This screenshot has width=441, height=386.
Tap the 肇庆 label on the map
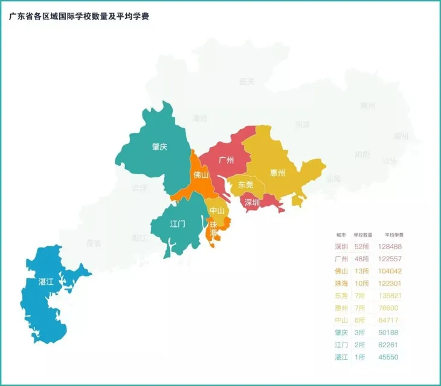pos(159,146)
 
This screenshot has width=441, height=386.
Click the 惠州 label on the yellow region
pos(278,173)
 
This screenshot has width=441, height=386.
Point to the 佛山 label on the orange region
pos(201,175)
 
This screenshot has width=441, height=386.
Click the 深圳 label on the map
pos(253,203)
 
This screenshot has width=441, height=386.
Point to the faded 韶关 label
pos(246,81)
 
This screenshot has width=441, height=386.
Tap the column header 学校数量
pos(363,234)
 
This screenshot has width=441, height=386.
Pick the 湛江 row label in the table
pos(341,357)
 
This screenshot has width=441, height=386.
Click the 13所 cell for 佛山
pos(361,271)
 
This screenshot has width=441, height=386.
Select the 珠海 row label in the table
pos(341,283)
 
